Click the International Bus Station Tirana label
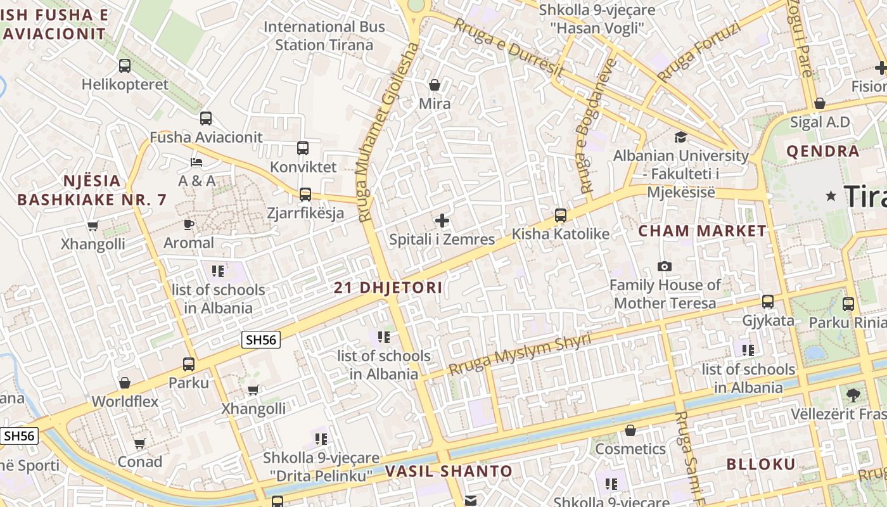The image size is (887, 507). [324, 35]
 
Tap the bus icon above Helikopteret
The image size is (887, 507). [125, 65]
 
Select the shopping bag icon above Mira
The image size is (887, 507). [435, 84]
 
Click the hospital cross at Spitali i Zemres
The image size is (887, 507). [442, 221]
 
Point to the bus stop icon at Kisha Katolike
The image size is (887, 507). [561, 215]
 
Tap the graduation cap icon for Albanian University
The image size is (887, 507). [680, 137]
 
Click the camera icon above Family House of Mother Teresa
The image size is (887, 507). [664, 266]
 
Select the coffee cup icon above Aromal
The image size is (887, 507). [188, 224]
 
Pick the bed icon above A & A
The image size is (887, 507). [196, 162]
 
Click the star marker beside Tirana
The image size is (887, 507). [831, 196]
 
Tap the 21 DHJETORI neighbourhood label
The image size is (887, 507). [388, 287]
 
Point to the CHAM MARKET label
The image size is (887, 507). [702, 231]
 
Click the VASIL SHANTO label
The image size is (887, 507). [449, 471]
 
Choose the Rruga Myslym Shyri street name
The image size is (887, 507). [520, 354]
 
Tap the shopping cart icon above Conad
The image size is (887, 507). [139, 443]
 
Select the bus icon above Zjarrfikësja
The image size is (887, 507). [305, 194]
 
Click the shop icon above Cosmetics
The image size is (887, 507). [630, 431]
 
